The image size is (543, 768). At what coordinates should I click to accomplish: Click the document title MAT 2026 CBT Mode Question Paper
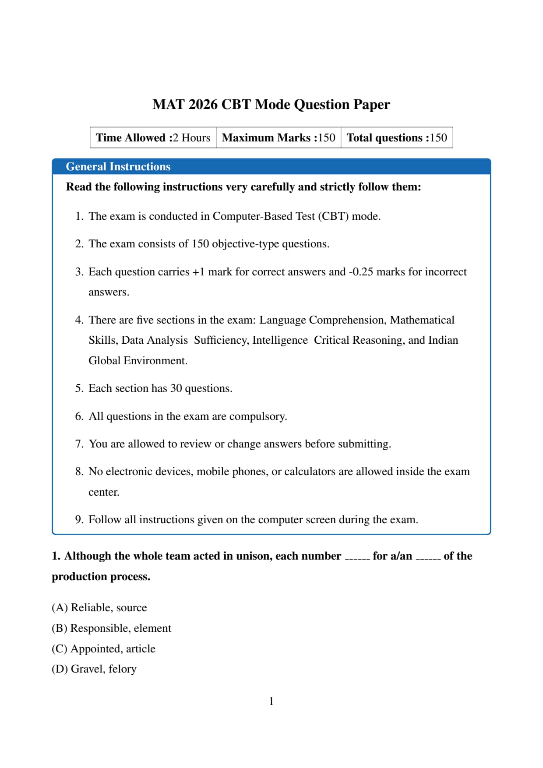point(271,105)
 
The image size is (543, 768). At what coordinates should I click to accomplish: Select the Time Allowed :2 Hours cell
point(153,138)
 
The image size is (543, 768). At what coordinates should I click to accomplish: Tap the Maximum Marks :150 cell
point(279,138)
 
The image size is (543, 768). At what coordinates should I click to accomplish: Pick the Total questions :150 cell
point(397,138)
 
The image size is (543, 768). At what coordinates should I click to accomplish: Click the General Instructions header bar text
point(118,167)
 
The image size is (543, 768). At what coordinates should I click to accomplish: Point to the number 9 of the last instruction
point(79,520)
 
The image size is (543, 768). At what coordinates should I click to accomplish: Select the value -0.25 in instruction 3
point(361,272)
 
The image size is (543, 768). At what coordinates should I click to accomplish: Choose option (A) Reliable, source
point(99,608)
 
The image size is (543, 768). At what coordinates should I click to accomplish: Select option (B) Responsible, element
point(111,628)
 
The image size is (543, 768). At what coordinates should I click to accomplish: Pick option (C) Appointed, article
point(103,649)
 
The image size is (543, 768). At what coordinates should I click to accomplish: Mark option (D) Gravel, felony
point(94,669)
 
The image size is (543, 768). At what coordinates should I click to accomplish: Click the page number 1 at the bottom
point(271,701)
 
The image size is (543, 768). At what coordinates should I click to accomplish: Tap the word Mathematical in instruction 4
point(422,320)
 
